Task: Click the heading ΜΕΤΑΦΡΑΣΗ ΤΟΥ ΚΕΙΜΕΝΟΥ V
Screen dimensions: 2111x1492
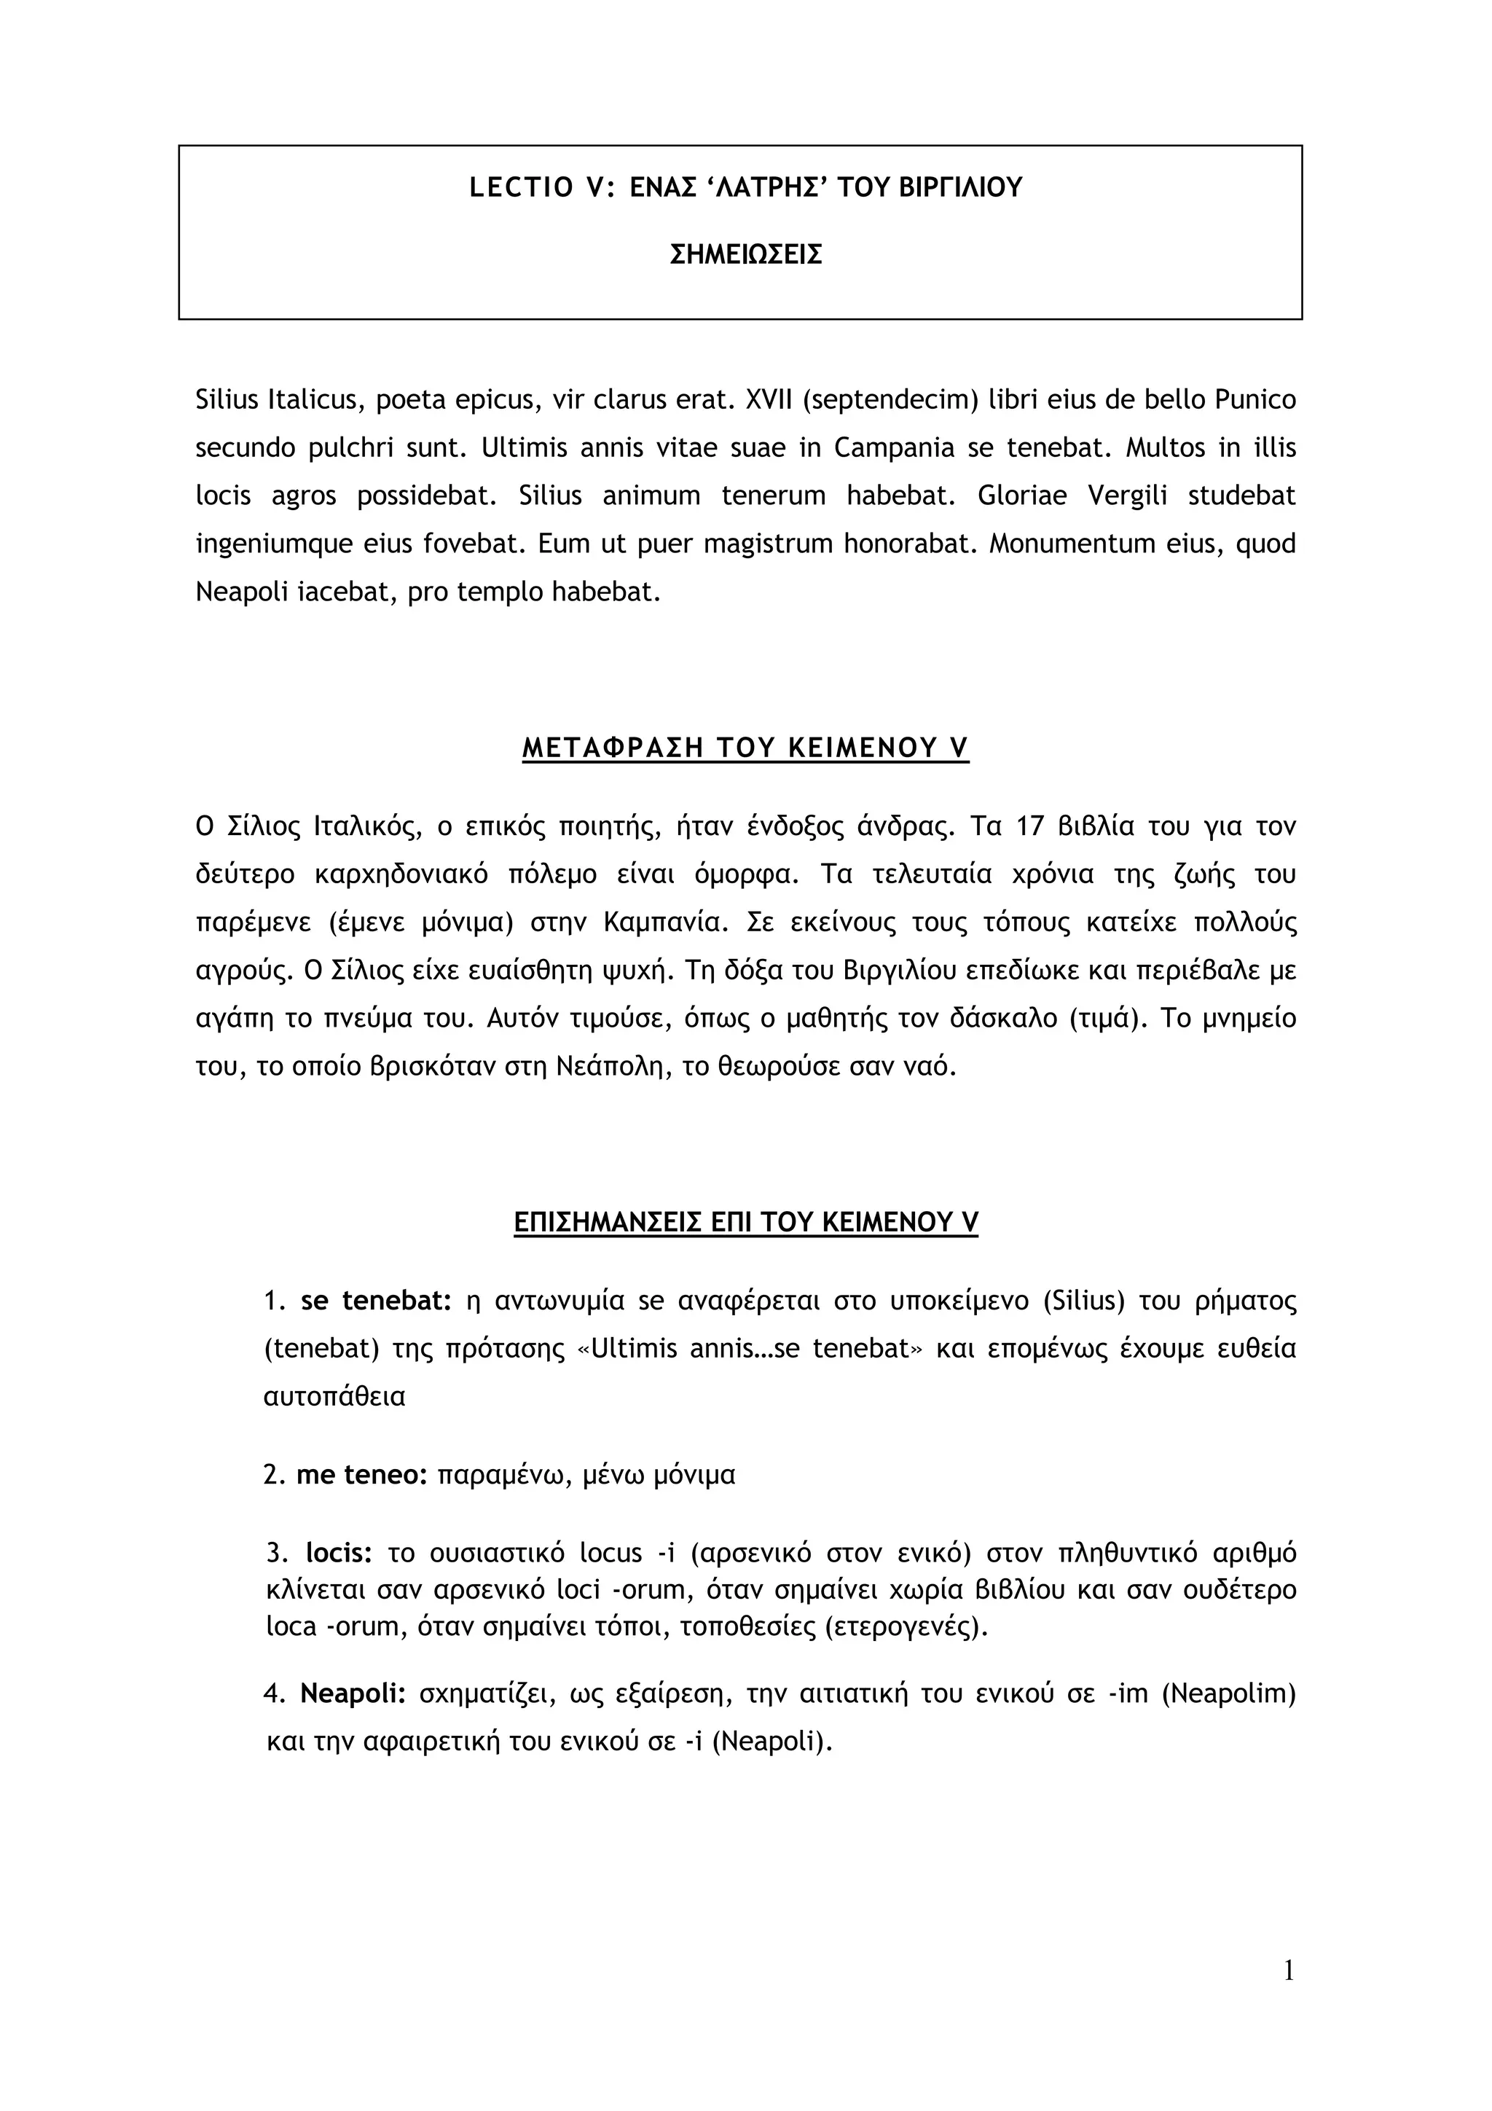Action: click(745, 748)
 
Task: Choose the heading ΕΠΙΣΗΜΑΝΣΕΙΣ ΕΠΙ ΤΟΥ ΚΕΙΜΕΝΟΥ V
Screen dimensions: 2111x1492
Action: click(745, 1222)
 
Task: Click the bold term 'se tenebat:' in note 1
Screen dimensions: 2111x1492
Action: click(376, 1301)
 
